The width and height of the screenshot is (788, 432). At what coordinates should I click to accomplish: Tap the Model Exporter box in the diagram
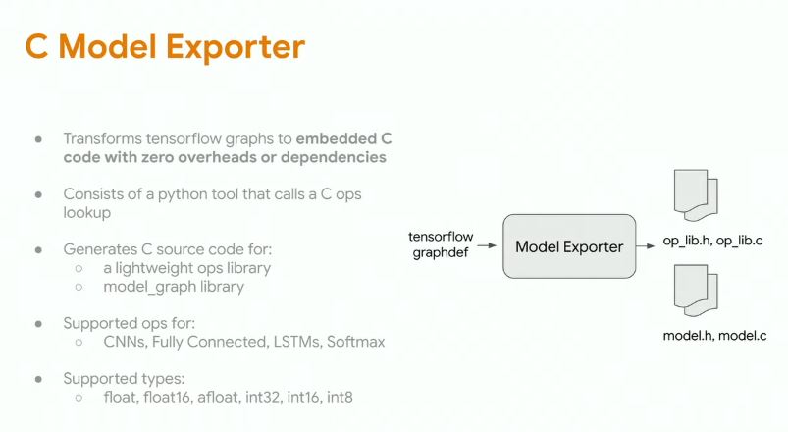[x=569, y=246]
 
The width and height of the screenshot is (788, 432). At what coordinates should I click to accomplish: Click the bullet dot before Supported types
[x=39, y=378]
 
